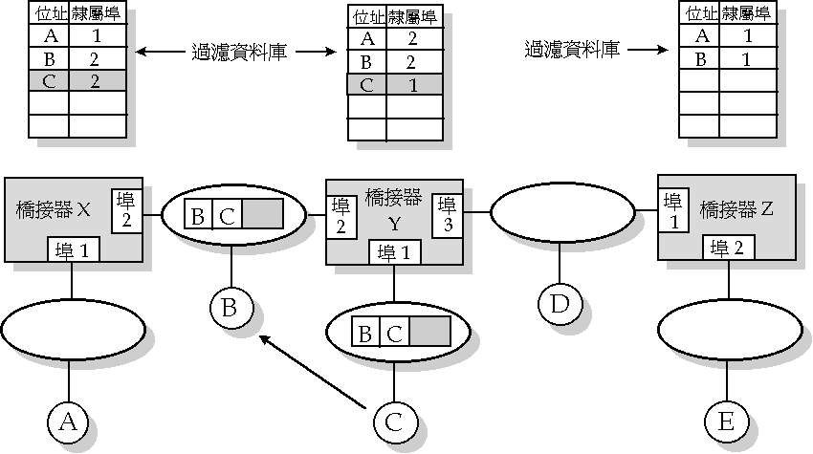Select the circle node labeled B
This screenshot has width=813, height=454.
(231, 308)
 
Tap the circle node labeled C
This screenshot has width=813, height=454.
(394, 420)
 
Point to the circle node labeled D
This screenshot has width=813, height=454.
(560, 303)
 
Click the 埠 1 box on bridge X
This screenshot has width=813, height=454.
(74, 252)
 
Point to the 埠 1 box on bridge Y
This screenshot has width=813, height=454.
(393, 252)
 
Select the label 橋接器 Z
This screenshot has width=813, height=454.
(736, 207)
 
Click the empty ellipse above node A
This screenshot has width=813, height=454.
(74, 328)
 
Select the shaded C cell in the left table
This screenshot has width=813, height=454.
(49, 80)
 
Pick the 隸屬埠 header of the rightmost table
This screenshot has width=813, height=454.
(746, 13)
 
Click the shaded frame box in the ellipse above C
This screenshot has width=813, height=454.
(428, 334)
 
